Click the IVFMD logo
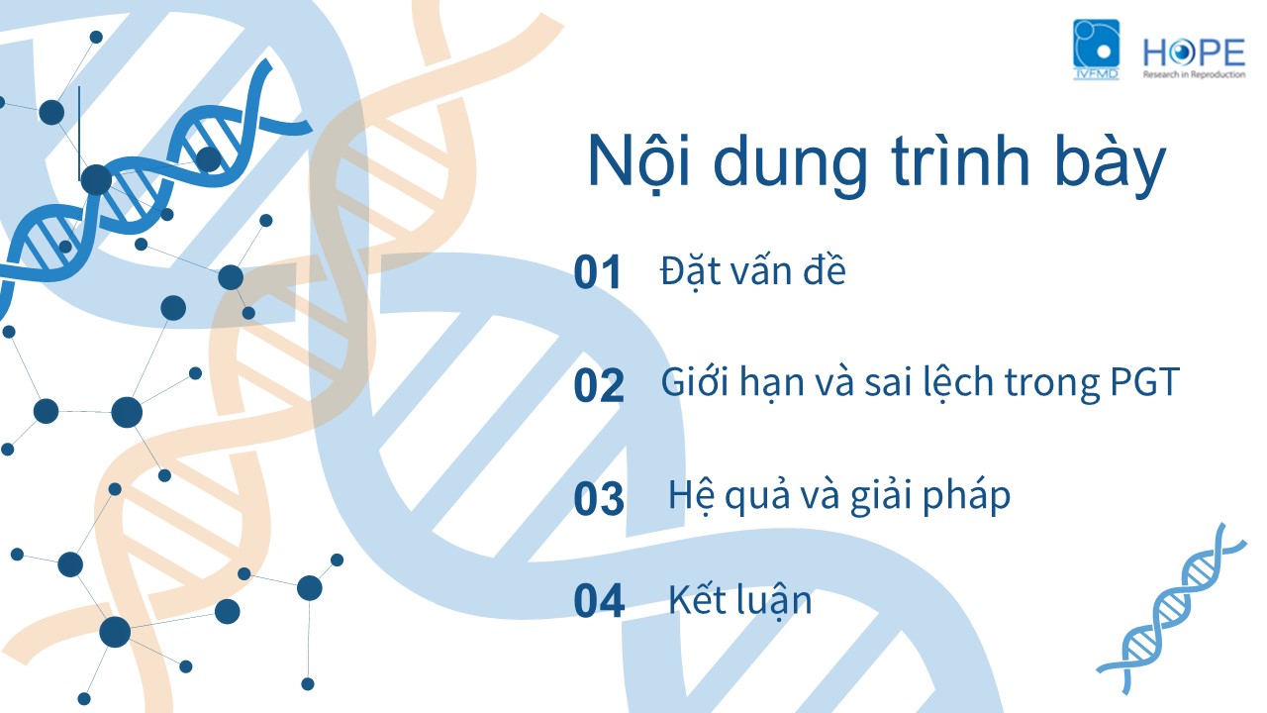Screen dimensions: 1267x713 coord(1096,50)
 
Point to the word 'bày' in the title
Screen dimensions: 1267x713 coord(1111,165)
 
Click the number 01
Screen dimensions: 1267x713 coord(597,272)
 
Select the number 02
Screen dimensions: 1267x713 coord(599,385)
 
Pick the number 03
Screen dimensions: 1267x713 coord(599,498)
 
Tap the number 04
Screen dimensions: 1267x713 coord(599,600)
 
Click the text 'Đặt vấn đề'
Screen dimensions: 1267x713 coord(753,270)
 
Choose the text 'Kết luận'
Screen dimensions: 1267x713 coord(739,600)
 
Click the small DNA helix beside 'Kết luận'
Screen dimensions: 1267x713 coord(1171,609)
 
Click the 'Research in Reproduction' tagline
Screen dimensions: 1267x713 coord(1194,74)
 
